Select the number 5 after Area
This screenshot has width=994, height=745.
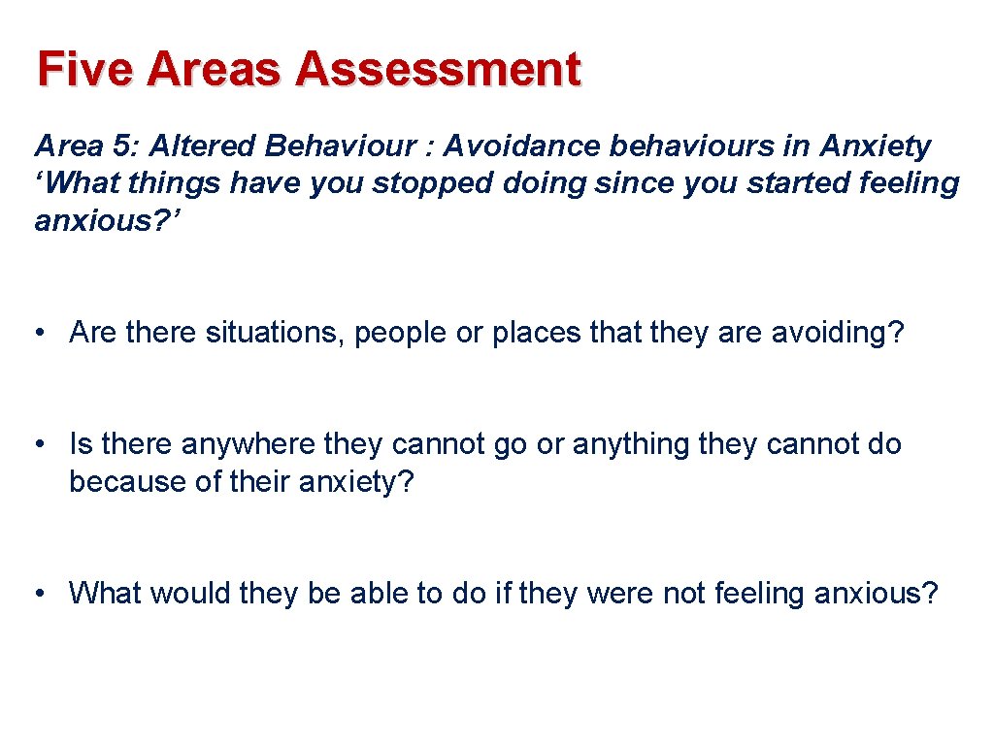pyautogui.click(x=120, y=146)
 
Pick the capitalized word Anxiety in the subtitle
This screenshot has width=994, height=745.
pyautogui.click(x=876, y=146)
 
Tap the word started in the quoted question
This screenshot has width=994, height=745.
pyautogui.click(x=694, y=183)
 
